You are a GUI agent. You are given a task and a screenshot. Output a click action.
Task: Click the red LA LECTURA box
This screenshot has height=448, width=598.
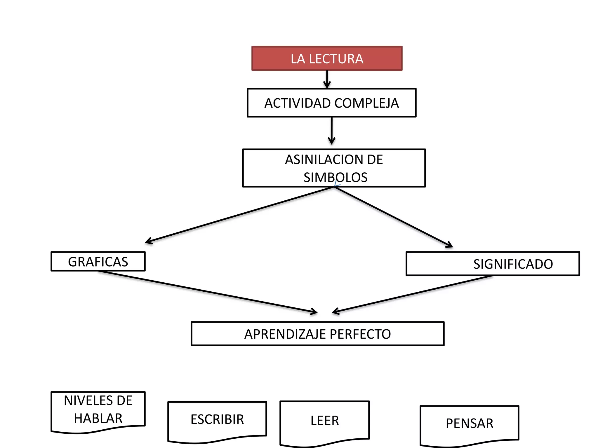coord(327,58)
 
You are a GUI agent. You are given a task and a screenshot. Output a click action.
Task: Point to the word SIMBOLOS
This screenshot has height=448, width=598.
coord(335,177)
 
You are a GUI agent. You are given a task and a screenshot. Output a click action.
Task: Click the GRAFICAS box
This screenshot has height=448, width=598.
coord(98,261)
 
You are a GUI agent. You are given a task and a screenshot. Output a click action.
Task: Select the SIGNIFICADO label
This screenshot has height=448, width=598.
coord(513,264)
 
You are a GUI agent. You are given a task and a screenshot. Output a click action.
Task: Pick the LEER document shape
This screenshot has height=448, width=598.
coord(324,421)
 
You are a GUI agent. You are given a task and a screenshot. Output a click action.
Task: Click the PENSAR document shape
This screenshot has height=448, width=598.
coord(469,423)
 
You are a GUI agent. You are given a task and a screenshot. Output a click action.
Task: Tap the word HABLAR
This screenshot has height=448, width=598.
coord(98,419)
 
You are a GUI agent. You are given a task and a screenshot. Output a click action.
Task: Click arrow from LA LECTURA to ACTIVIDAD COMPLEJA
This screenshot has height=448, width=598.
coord(327,78)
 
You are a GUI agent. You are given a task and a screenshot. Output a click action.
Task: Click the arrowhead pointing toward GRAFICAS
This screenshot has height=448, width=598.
coord(148,241)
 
